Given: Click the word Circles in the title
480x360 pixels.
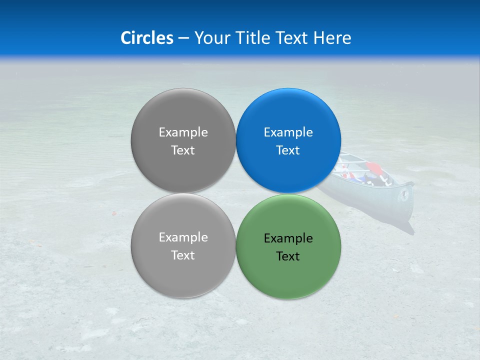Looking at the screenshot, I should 147,38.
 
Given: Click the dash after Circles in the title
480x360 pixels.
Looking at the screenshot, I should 183,38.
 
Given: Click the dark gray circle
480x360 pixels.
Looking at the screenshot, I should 183,115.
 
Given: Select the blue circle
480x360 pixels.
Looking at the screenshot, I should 288,115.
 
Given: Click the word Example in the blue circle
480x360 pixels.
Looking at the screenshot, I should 288,132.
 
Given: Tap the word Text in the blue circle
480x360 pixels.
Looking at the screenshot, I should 288,150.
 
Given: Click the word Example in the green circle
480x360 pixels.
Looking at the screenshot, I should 288,238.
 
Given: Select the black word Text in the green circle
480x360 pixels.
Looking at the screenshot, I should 288,256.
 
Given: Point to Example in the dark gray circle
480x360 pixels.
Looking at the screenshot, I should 183,132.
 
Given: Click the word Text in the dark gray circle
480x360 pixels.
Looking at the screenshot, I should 183,150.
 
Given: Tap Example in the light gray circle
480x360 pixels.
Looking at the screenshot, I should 183,237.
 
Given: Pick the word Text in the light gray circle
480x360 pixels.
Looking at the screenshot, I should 183,255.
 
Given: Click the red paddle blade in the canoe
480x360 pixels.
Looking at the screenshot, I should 371,166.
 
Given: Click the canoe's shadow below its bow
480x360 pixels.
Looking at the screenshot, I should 407,228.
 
